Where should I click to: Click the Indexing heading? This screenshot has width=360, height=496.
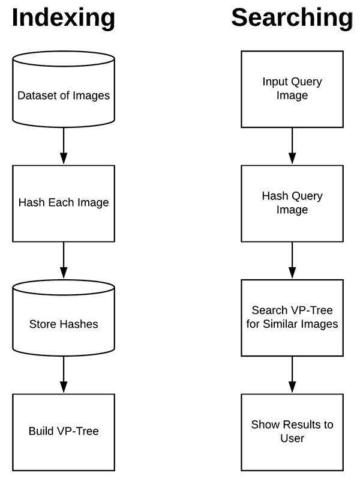(64, 19)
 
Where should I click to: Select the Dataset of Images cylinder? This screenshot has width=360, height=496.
(64, 89)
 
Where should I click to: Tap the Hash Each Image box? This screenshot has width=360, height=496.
(64, 204)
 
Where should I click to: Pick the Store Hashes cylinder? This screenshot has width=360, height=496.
(64, 318)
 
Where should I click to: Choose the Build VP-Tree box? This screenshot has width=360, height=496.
(64, 432)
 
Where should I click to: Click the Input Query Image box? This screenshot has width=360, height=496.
(292, 89)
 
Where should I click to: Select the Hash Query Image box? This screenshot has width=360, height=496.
(292, 204)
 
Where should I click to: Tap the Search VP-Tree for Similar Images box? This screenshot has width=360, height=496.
(292, 318)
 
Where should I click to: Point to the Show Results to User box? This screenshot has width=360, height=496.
(292, 432)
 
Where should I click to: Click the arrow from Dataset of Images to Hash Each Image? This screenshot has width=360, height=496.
(64, 146)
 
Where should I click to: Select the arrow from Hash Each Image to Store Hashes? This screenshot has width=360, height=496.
(64, 261)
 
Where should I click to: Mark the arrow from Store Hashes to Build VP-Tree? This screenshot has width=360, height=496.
(64, 375)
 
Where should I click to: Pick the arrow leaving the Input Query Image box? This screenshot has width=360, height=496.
(292, 146)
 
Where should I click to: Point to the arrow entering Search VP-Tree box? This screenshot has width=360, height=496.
(292, 261)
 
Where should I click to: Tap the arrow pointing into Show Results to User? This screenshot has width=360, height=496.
(292, 375)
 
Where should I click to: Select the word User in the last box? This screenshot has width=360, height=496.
(292, 438)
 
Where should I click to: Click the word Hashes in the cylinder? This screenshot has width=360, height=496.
(79, 324)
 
